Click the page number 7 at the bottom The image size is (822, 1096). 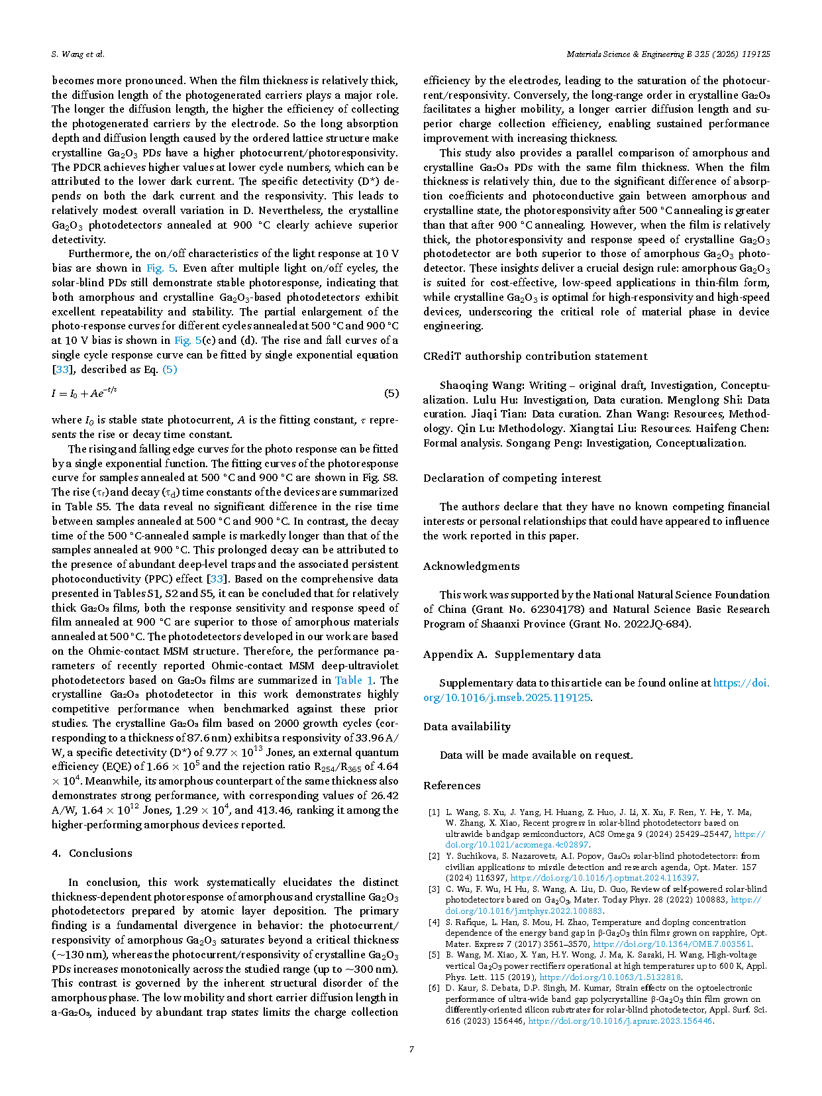[x=411, y=1049]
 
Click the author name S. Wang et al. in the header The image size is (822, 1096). [x=77, y=54]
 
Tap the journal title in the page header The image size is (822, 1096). [x=668, y=54]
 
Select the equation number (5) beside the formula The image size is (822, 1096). [x=391, y=394]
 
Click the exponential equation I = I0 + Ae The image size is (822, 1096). [x=84, y=393]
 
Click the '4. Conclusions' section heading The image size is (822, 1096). [x=92, y=853]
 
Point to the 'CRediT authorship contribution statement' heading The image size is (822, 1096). [x=535, y=356]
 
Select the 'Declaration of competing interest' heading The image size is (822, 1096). [x=512, y=478]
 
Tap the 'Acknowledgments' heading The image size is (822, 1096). [x=471, y=566]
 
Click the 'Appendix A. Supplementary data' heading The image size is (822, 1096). [x=512, y=654]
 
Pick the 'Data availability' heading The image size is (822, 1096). [x=467, y=726]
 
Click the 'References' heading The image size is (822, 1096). [x=452, y=785]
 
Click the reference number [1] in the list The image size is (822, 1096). [x=434, y=812]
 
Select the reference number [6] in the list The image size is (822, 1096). [x=434, y=988]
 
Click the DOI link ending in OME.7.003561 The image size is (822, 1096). [x=672, y=944]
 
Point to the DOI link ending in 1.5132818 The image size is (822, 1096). [x=610, y=977]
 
